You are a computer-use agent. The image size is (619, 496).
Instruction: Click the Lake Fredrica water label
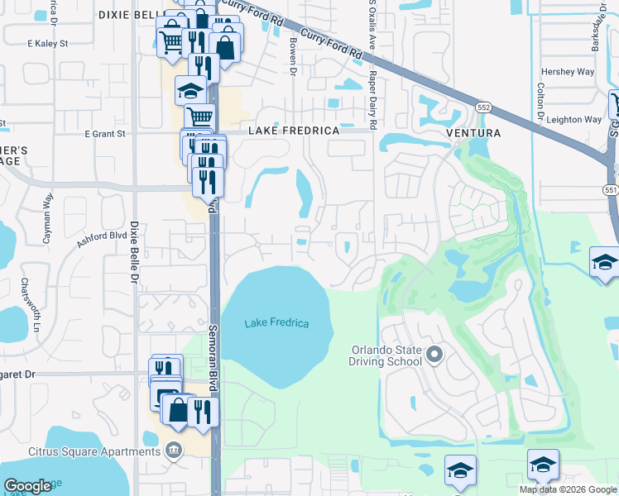[276, 323]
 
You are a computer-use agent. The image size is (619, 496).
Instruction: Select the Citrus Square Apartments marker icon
[174, 451]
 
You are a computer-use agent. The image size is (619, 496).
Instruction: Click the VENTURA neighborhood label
[473, 132]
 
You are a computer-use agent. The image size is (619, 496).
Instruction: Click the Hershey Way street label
[568, 72]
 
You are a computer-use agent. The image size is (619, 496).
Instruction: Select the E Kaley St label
[46, 43]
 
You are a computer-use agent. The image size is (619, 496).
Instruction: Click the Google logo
[27, 486]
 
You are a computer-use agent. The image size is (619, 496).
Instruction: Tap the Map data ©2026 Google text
[567, 489]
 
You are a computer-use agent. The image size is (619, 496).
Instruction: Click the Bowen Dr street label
[293, 60]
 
